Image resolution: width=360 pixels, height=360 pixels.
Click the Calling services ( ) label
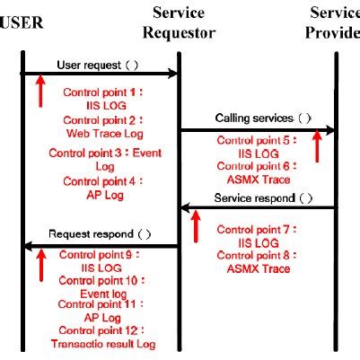click(x=257, y=119)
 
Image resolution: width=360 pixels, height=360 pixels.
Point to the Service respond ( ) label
click(x=260, y=198)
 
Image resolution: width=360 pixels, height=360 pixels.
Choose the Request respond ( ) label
click(x=100, y=234)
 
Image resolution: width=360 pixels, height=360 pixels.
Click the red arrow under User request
click(x=40, y=91)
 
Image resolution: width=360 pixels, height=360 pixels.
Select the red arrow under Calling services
click(x=316, y=146)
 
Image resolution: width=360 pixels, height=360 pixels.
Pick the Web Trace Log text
click(x=100, y=133)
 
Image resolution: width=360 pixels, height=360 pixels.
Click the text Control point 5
click(x=253, y=139)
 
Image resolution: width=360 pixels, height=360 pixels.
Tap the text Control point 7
click(x=253, y=229)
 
